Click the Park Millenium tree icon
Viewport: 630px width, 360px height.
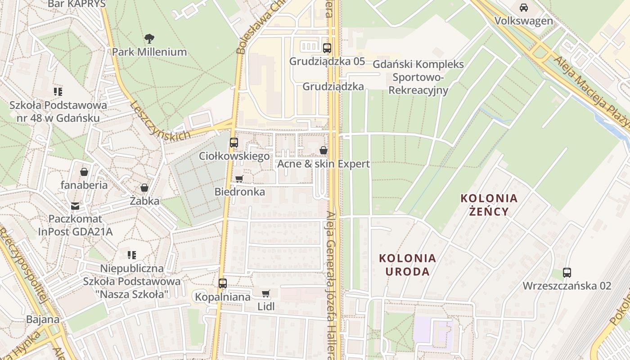click(x=149, y=39)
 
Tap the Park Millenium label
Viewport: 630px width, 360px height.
click(x=149, y=52)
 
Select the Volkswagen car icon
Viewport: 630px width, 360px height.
click(x=524, y=8)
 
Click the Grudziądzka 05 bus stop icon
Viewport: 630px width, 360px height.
click(x=327, y=48)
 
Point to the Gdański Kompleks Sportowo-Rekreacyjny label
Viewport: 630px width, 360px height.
click(x=418, y=77)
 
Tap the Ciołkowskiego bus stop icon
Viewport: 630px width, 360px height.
click(x=234, y=143)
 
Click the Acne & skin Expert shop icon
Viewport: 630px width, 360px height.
click(x=324, y=150)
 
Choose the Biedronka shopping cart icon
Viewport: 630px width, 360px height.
click(x=239, y=179)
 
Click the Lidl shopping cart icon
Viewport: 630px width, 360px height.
click(x=266, y=293)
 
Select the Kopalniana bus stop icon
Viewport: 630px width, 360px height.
click(x=223, y=283)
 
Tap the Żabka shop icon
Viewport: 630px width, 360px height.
click(x=144, y=188)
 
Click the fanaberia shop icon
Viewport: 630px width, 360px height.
click(x=84, y=172)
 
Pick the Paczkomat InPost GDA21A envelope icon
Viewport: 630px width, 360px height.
click(x=75, y=206)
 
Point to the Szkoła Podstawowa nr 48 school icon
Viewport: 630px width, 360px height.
click(x=58, y=92)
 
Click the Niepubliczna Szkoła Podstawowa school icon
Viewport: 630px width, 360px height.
click(x=132, y=255)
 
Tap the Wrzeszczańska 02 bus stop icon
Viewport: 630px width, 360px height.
click(x=567, y=272)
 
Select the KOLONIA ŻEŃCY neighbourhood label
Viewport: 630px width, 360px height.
click(x=489, y=205)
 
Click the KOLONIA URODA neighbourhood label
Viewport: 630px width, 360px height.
click(x=408, y=265)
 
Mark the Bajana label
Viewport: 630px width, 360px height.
click(x=43, y=319)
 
